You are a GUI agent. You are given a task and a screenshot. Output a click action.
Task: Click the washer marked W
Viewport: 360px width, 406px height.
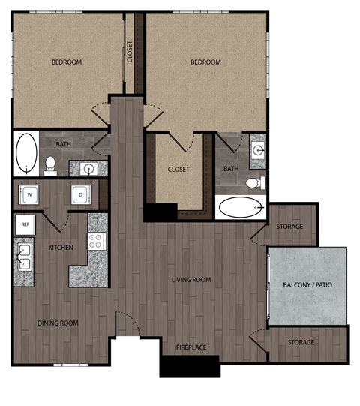tap(31, 195)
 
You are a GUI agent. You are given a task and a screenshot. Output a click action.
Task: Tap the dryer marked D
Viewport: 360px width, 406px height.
tap(81, 195)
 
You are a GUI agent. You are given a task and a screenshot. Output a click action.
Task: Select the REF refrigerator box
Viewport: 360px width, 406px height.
tap(25, 224)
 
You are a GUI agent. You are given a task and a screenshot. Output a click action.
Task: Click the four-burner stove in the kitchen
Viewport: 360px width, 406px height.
tap(97, 241)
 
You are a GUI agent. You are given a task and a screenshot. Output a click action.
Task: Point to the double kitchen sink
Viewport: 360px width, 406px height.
tap(25, 257)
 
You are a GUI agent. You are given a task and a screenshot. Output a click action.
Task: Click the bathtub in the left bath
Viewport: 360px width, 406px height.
tap(26, 153)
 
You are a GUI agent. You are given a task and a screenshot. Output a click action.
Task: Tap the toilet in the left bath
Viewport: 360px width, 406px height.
tap(50, 164)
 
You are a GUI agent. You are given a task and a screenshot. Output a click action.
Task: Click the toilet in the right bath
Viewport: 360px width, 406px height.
tap(255, 182)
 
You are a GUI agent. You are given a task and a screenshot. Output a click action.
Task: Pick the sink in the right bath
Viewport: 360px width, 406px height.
tap(257, 149)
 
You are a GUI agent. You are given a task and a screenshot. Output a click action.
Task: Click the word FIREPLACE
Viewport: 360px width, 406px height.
tap(191, 347)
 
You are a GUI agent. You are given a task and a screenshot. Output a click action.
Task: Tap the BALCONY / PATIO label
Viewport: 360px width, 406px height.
tap(308, 286)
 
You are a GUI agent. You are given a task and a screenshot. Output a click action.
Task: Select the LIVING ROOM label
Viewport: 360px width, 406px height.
tap(191, 280)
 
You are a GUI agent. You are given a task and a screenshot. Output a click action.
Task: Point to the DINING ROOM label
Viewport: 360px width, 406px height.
tap(58, 323)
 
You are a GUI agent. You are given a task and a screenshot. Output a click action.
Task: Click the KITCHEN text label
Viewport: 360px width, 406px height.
tap(60, 247)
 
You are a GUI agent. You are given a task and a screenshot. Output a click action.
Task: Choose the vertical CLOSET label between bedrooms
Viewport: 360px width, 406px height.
tap(130, 52)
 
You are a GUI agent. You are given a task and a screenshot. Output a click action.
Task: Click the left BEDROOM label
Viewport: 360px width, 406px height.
tap(67, 62)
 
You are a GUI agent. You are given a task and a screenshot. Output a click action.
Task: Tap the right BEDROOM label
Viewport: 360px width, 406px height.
tap(206, 62)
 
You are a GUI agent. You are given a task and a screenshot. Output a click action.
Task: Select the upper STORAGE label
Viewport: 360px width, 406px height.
tap(289, 227)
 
